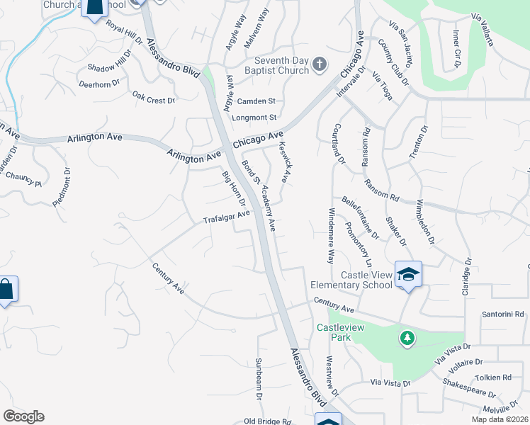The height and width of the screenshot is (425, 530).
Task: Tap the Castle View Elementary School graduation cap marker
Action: click(x=408, y=273)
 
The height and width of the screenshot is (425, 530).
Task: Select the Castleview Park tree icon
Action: click(x=407, y=339)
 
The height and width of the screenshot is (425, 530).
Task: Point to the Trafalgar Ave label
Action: click(x=227, y=215)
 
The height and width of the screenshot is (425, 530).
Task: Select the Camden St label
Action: click(x=255, y=101)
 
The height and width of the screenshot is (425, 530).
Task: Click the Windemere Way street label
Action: click(x=330, y=236)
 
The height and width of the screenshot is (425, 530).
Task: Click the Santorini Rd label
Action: click(x=502, y=313)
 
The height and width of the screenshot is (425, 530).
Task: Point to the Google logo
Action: click(x=23, y=416)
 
